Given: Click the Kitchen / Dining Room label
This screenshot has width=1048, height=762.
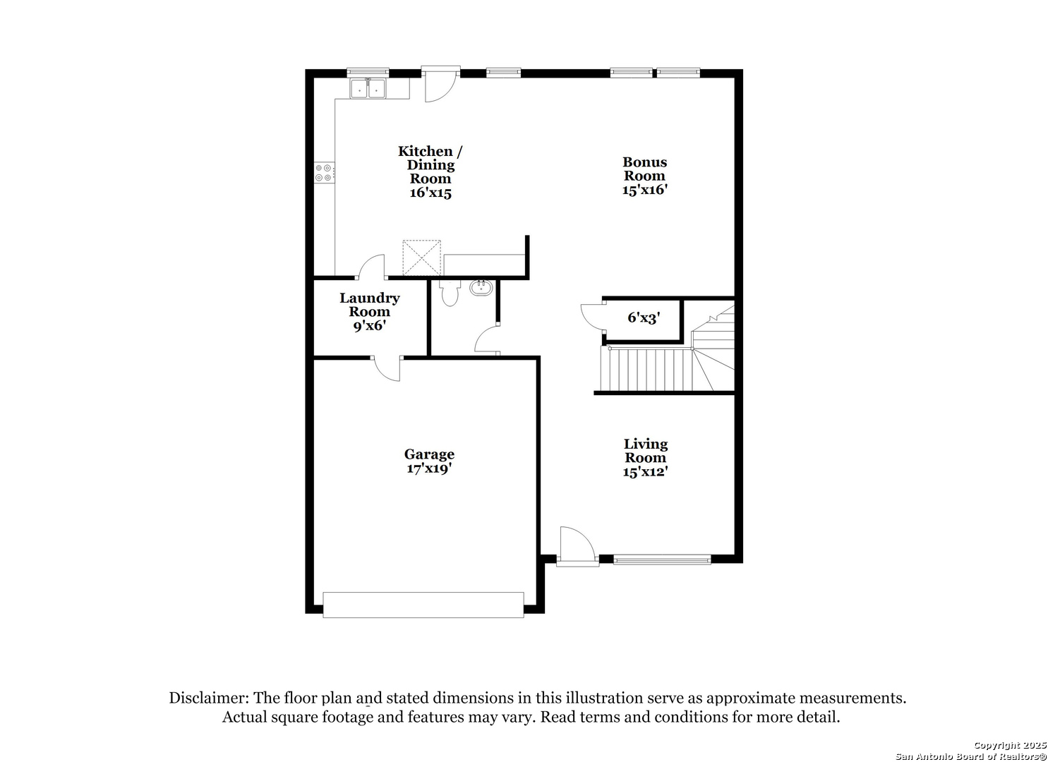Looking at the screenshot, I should [x=430, y=171].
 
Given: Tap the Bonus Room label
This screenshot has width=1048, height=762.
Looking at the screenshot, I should [x=644, y=176].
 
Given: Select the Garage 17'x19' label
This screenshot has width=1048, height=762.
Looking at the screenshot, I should [x=429, y=461].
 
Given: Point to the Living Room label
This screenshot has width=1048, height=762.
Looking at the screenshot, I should [x=645, y=457].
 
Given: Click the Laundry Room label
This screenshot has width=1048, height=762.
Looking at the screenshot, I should [x=369, y=311].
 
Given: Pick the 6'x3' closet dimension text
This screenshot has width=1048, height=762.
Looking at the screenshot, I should [x=644, y=317].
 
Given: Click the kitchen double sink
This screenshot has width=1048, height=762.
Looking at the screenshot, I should [x=368, y=89].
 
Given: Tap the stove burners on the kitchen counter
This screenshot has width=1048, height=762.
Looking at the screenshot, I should [x=325, y=172].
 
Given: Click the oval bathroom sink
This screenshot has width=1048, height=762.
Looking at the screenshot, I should [x=481, y=287].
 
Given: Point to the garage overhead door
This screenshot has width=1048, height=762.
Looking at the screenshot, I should [x=423, y=605].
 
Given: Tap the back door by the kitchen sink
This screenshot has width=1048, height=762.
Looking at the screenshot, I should [x=440, y=85].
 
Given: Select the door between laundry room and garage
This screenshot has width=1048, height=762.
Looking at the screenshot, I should [x=386, y=368].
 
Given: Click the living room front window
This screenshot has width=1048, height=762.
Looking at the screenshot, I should [x=661, y=560].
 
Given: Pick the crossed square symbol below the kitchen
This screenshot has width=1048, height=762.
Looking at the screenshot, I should [x=421, y=257].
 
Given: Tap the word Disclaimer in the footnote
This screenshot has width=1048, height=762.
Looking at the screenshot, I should [x=207, y=698].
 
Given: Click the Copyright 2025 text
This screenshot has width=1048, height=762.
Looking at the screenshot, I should [x=1010, y=745].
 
